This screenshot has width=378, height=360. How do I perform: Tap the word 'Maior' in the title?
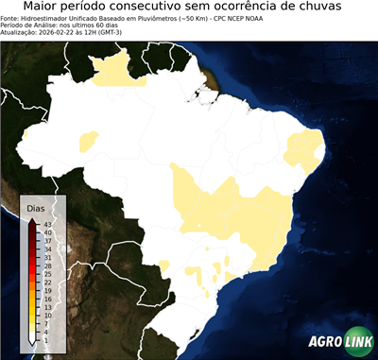(x=44, y=8)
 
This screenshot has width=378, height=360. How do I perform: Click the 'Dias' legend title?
(x=36, y=207)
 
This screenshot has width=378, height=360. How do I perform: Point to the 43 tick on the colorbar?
(x=46, y=224)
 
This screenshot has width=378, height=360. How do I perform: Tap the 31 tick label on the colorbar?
(x=46, y=257)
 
